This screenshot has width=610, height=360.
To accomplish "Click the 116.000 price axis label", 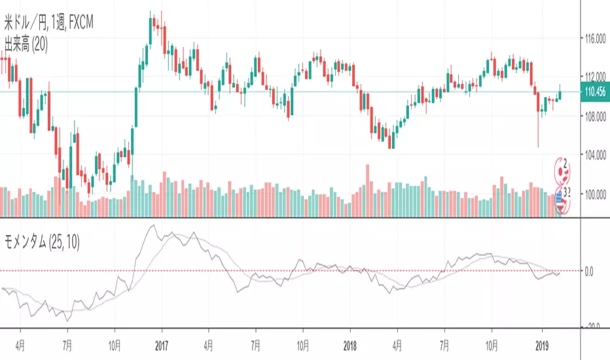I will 595,39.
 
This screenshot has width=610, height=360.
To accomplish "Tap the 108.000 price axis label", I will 595,117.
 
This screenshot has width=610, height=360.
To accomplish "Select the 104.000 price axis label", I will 595,155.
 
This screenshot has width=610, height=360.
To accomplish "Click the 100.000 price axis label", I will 595,194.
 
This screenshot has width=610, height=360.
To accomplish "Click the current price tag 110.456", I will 595,92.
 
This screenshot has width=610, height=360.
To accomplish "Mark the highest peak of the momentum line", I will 152,225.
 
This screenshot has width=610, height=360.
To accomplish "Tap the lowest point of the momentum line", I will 67,321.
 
